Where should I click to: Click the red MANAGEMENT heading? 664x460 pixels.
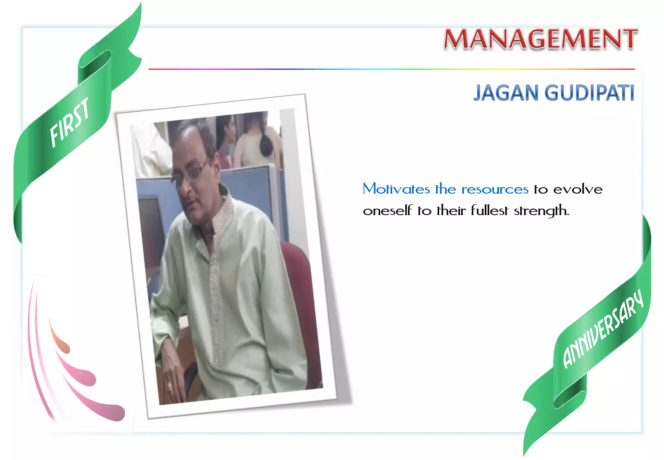click(540, 39)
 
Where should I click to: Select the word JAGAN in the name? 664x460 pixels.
click(506, 93)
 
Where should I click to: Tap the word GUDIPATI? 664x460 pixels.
click(589, 93)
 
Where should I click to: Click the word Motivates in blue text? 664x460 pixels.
click(396, 189)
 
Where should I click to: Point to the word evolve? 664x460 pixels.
click(578, 189)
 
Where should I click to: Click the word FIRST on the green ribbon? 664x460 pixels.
click(70, 122)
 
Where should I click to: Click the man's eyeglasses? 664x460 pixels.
click(190, 172)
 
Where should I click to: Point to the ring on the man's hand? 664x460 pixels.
click(170, 386)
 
